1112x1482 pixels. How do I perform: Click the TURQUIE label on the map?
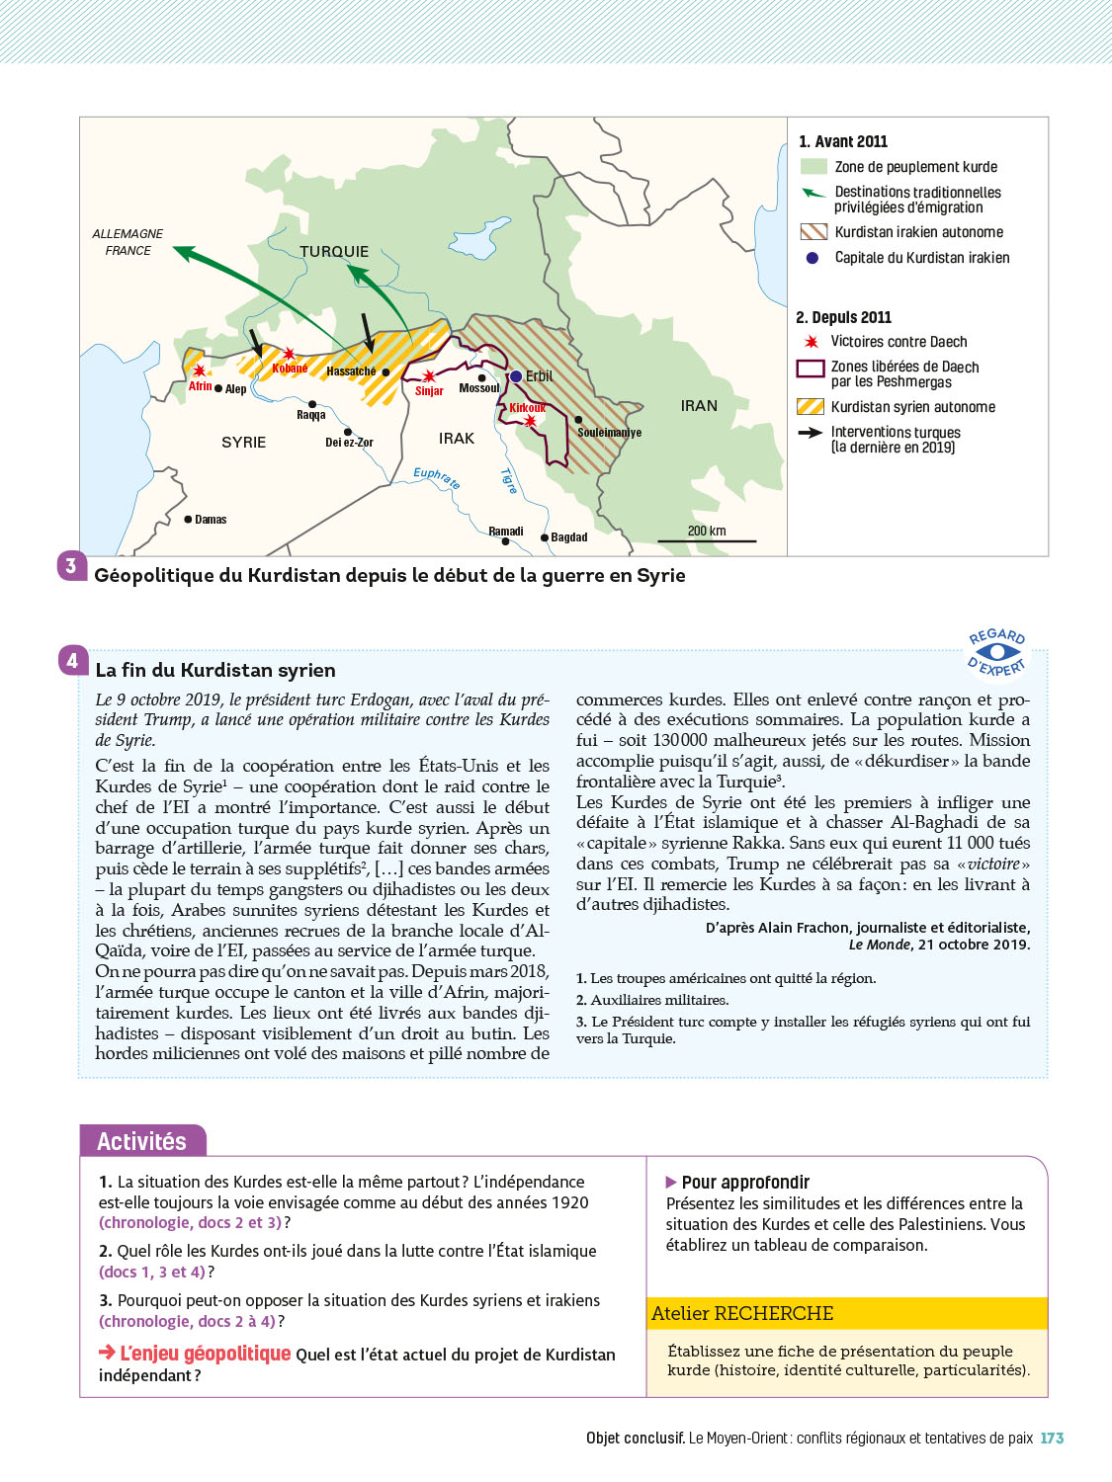pos(334,252)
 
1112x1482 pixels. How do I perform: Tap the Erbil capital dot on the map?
pos(516,376)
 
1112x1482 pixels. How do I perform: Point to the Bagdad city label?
pos(568,537)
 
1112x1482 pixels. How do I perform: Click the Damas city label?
pos(211,520)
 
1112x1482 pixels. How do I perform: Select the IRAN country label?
pos(699,406)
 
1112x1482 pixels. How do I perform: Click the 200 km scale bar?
pos(707,540)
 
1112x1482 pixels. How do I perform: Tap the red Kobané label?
pos(290,369)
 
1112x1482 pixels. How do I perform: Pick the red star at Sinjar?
pos(429,376)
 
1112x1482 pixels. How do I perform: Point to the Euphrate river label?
pos(436,478)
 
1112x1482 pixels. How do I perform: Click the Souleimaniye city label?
pos(609,433)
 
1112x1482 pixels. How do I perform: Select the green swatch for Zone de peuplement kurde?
pos(813,167)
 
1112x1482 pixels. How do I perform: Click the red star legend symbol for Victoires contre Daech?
pos(812,342)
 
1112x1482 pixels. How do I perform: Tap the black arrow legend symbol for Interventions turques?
pos(811,433)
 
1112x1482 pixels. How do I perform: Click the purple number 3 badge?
pos(71,566)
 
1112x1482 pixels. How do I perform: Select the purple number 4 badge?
pos(72,660)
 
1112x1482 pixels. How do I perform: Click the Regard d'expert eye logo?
pos(997,652)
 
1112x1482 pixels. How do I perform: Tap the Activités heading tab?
pos(142,1141)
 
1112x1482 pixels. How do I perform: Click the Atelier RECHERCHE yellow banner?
pos(847,1313)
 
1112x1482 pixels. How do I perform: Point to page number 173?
pos(1052,1439)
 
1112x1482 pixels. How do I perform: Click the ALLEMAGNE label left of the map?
pos(128,234)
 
